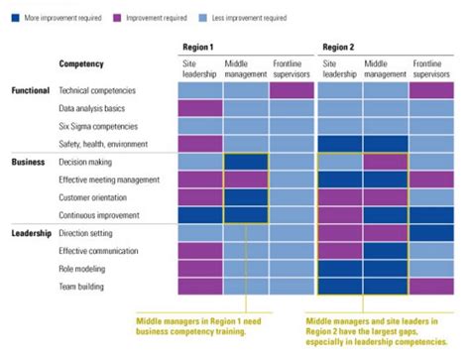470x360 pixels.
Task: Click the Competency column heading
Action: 81,63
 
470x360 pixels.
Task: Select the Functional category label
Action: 30,90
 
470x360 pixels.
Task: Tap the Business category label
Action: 28,162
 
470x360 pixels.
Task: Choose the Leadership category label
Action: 32,233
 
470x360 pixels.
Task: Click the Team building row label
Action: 84,287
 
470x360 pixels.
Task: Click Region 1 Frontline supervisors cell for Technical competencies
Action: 292,90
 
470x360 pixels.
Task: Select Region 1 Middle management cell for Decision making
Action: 246,162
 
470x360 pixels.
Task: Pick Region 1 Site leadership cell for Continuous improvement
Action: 200,215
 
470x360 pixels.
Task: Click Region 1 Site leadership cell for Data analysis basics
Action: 200,108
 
